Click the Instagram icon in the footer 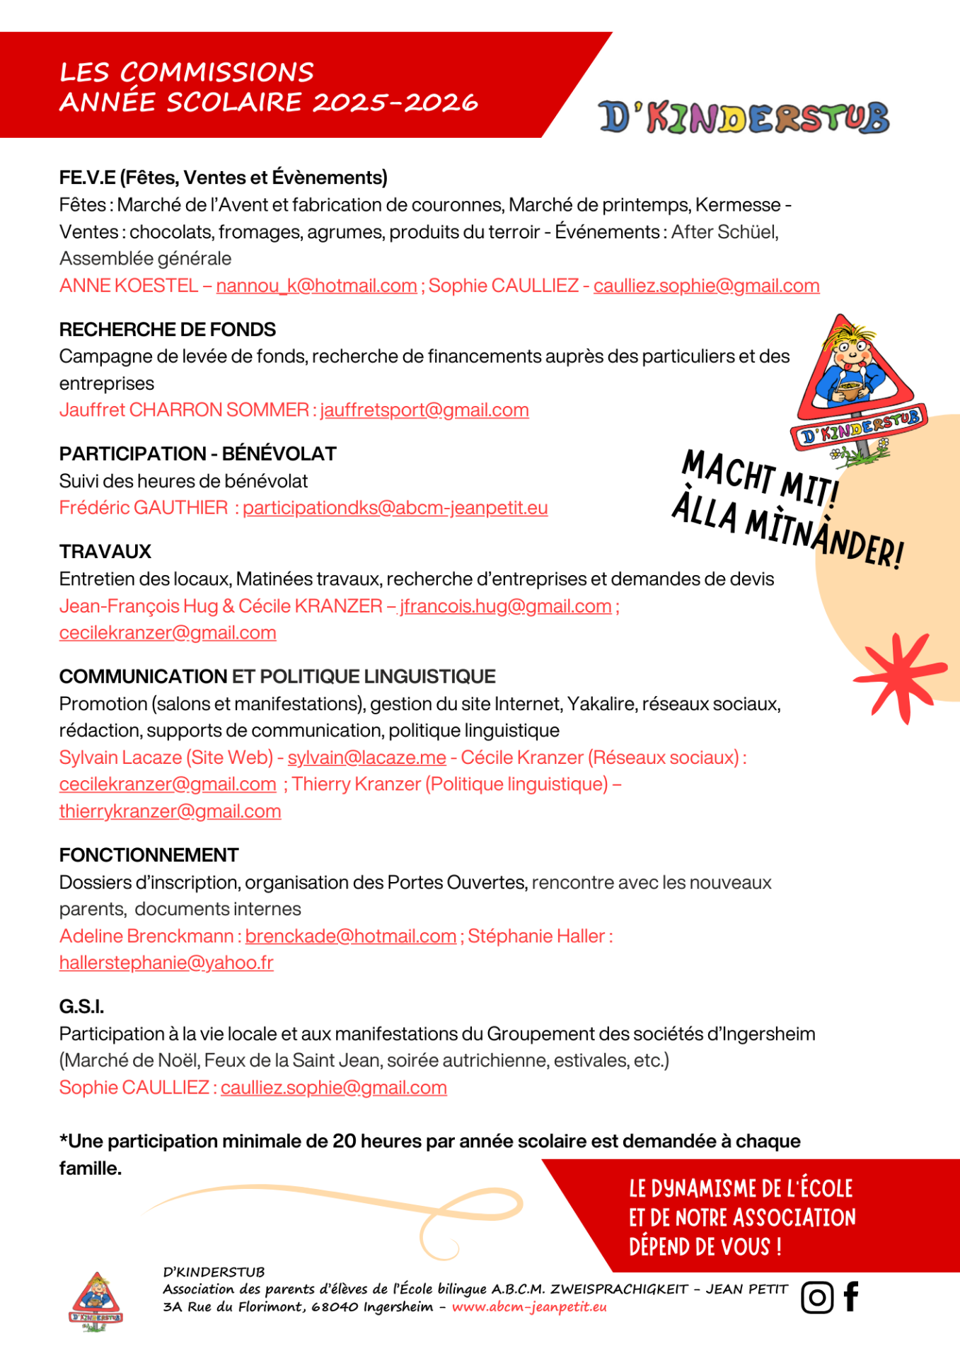[x=816, y=1297]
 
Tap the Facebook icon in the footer [x=851, y=1296]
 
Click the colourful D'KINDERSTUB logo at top [x=744, y=118]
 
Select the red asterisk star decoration [x=899, y=675]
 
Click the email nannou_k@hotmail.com [x=316, y=286]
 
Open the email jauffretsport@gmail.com [x=424, y=410]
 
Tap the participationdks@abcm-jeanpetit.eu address [x=395, y=508]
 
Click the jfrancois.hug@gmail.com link [x=506, y=606]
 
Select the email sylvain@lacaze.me [x=366, y=758]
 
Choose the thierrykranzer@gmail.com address [x=170, y=811]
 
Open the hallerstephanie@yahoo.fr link [x=166, y=963]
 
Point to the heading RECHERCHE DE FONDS [x=168, y=330]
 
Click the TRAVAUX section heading [x=105, y=552]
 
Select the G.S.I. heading [x=81, y=1006]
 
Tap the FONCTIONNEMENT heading [x=149, y=855]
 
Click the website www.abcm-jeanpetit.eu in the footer [x=529, y=1306]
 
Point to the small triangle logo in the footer [x=96, y=1301]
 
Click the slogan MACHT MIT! [x=761, y=477]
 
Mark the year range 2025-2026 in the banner [x=395, y=103]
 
